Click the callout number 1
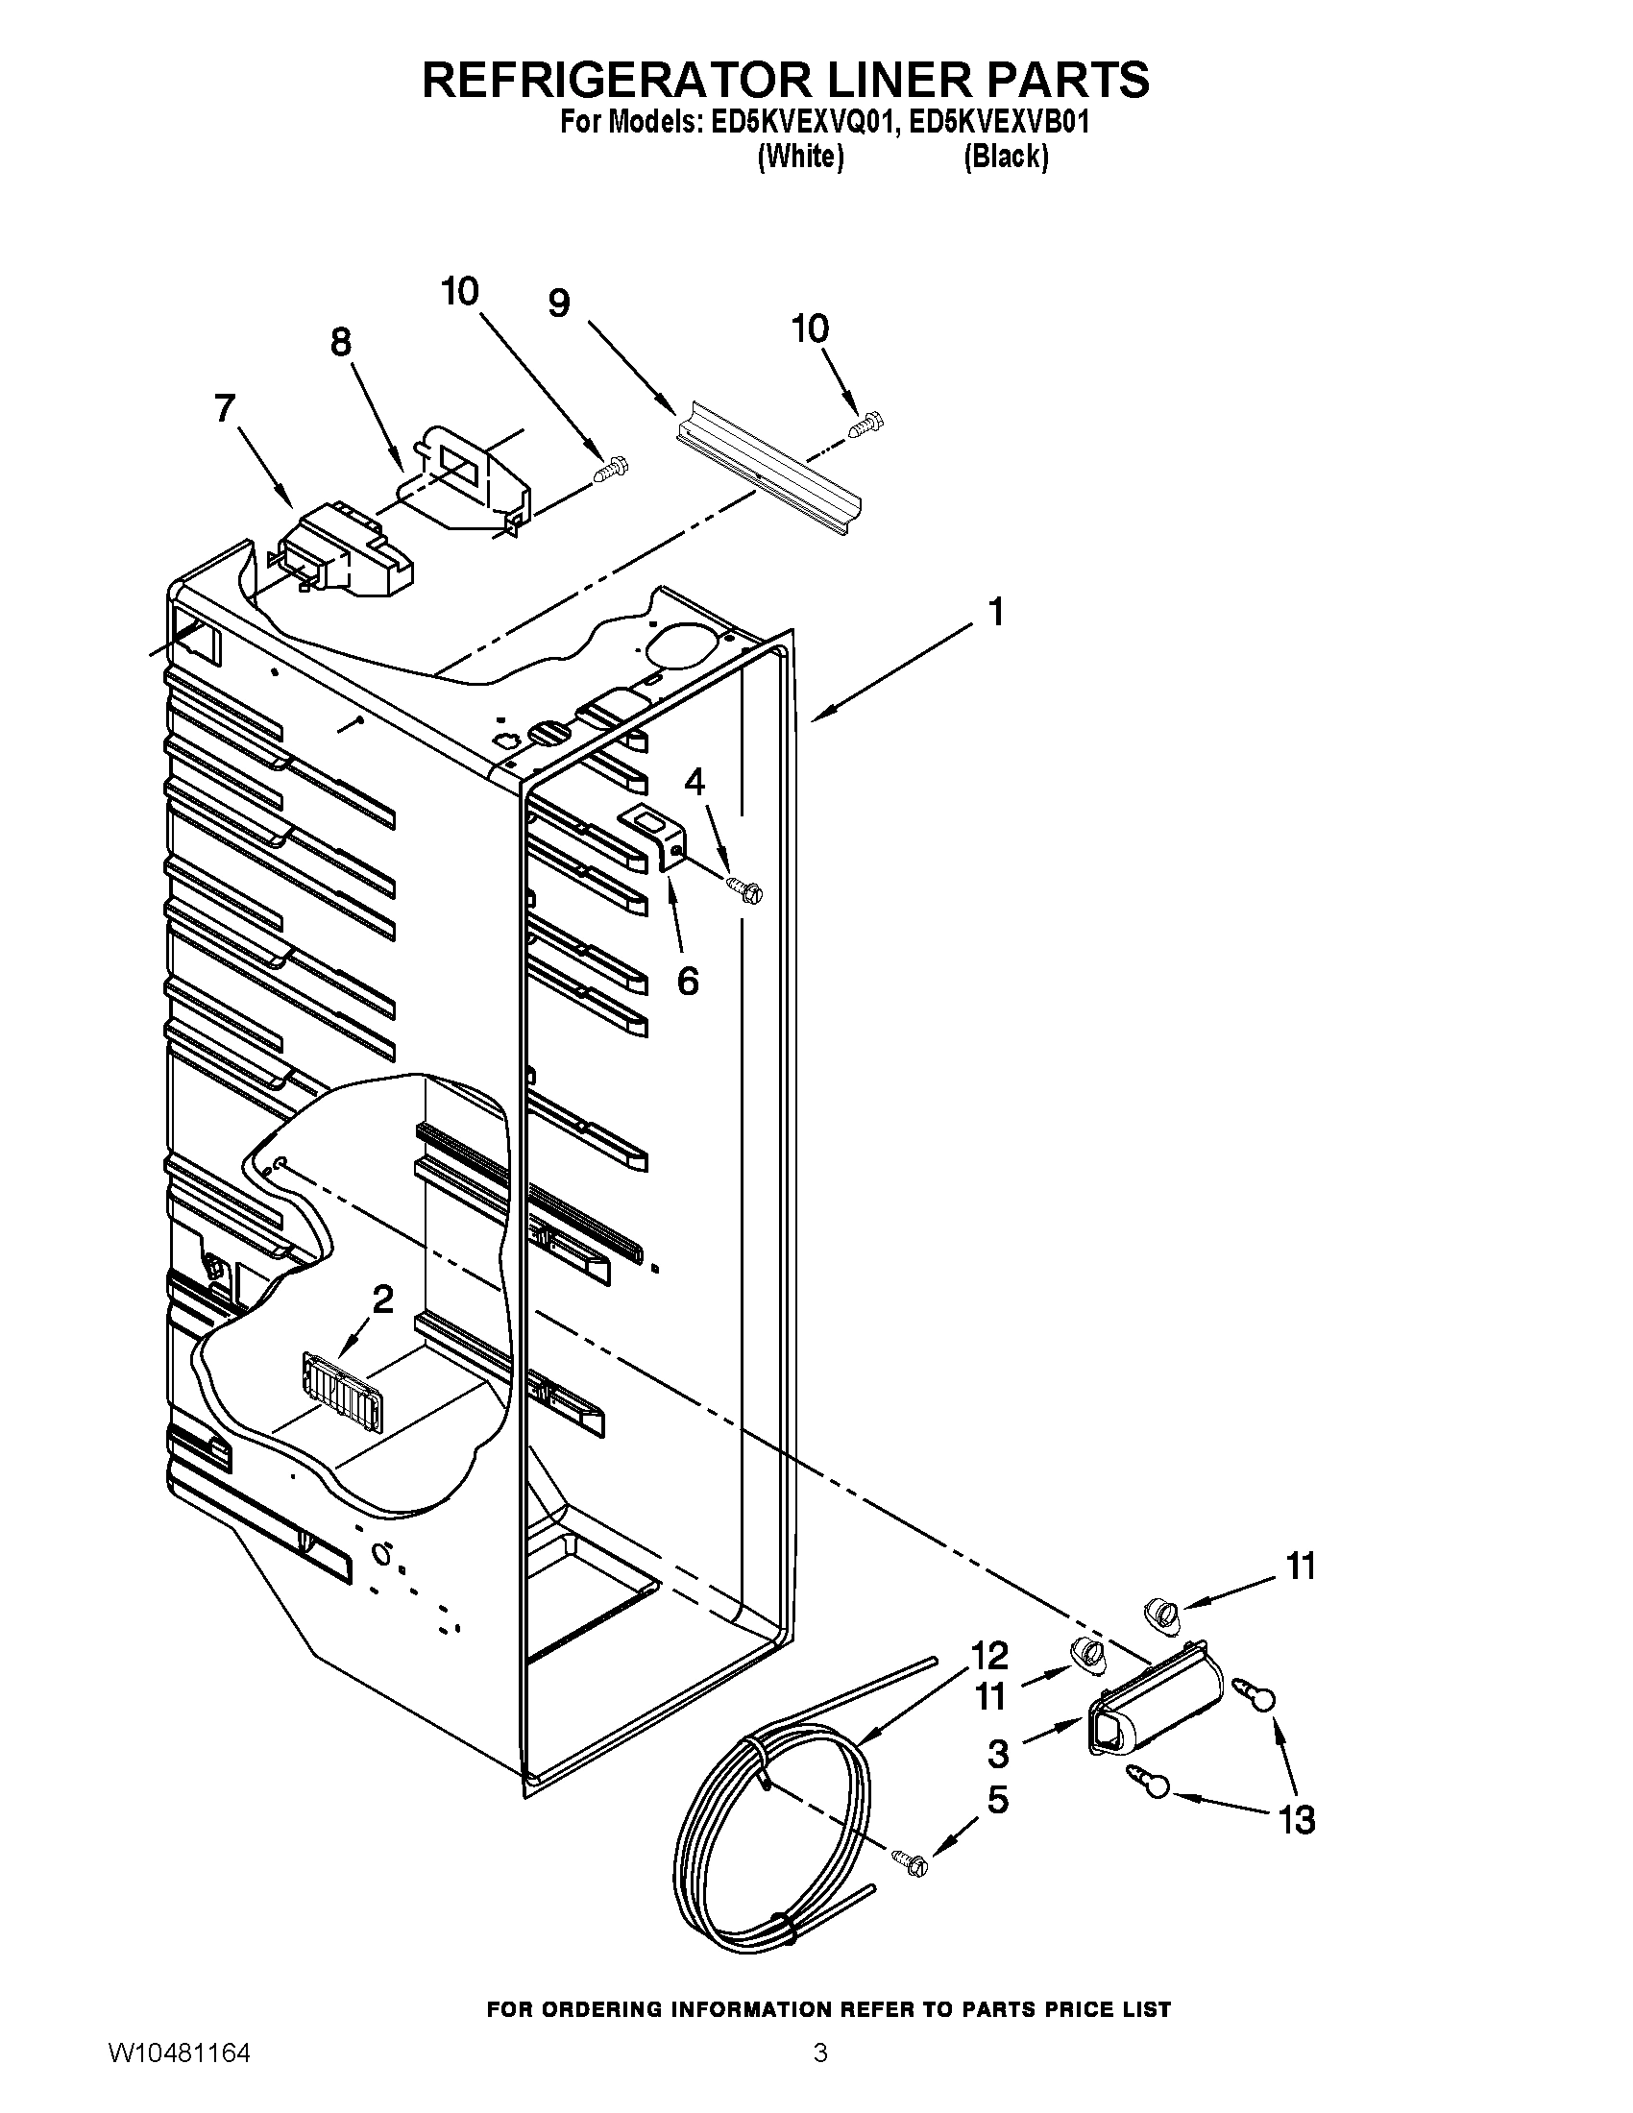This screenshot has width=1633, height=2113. point(995,613)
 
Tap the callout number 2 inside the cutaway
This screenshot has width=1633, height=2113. point(383,1299)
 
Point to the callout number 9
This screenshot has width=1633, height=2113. point(559,304)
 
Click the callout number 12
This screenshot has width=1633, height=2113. point(989,1656)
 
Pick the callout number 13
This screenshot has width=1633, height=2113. point(1298,1821)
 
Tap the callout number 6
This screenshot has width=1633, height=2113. point(687,981)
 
